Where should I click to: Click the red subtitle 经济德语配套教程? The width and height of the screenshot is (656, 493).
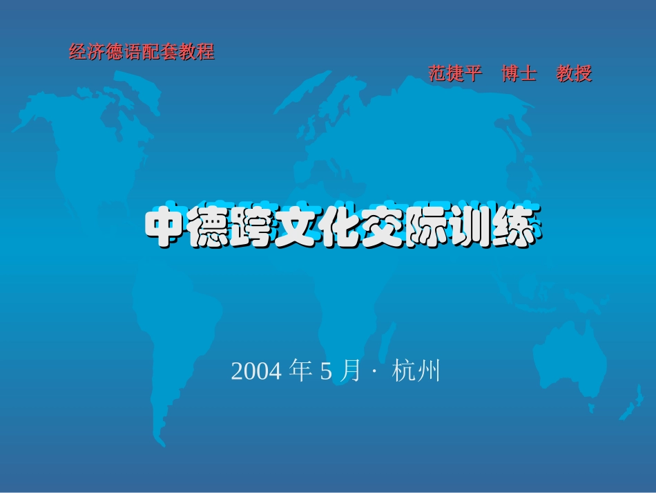pos(142,52)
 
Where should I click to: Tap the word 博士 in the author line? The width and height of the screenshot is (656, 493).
pos(519,74)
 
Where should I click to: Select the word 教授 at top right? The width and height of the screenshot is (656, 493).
pos(575,74)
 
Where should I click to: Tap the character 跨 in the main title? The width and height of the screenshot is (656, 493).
pos(253,226)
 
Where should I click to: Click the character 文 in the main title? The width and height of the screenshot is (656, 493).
pos(296,226)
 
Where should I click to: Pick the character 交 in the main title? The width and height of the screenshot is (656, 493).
pos(383,226)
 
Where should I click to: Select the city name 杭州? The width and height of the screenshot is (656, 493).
pos(416,372)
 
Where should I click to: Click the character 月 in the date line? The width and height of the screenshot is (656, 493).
pos(351,372)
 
